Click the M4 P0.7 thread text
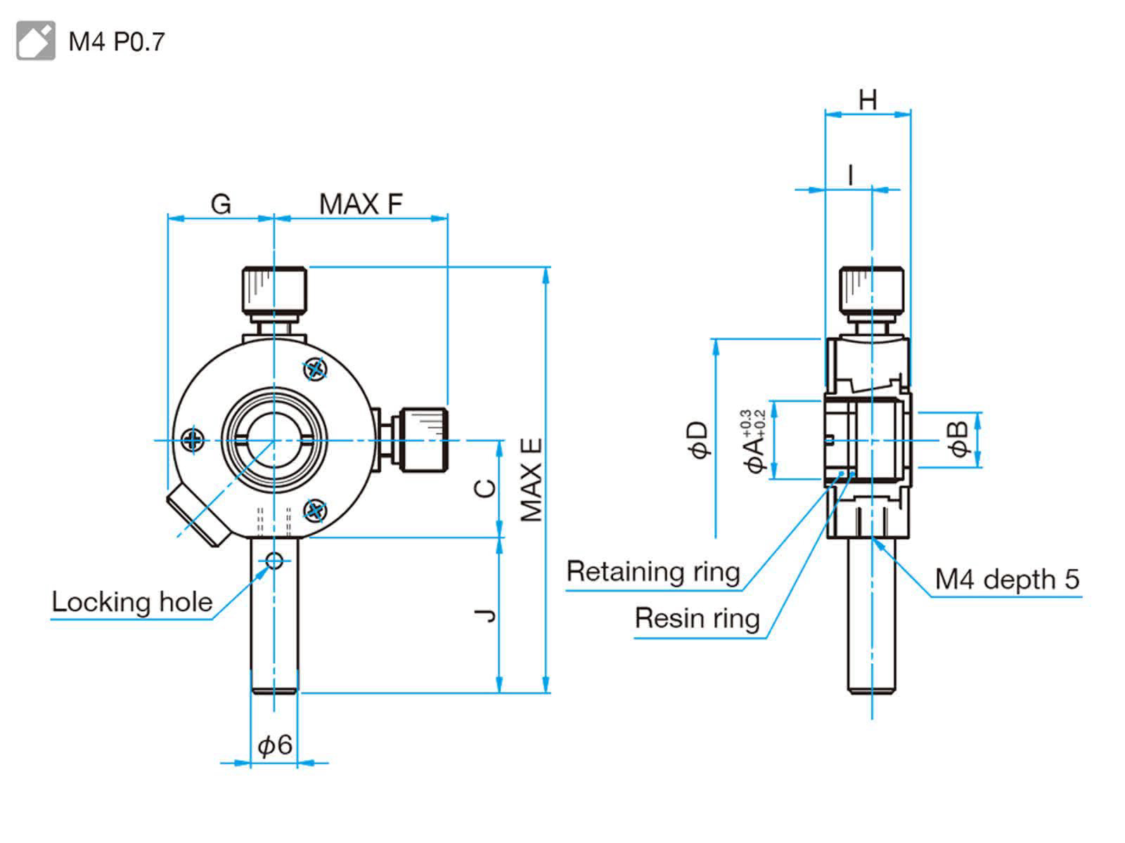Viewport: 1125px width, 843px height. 117,41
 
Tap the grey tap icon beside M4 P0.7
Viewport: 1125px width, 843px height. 35,41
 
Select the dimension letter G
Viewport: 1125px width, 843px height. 221,204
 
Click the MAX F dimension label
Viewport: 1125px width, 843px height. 361,204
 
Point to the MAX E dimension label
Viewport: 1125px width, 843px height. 532,480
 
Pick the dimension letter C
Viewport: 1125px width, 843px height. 485,488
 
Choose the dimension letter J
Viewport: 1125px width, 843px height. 485,615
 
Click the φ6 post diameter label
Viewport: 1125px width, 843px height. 274,745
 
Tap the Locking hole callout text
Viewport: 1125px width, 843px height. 132,602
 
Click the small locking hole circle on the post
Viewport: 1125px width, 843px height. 274,561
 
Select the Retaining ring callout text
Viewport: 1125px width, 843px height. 653,572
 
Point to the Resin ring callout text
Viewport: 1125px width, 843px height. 697,618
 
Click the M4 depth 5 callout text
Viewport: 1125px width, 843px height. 1006,579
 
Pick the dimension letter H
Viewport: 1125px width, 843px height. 868,100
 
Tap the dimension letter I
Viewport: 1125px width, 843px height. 851,174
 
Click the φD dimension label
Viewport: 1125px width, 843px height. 699,440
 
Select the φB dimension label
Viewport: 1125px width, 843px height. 960,439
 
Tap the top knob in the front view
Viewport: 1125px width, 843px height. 274,290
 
